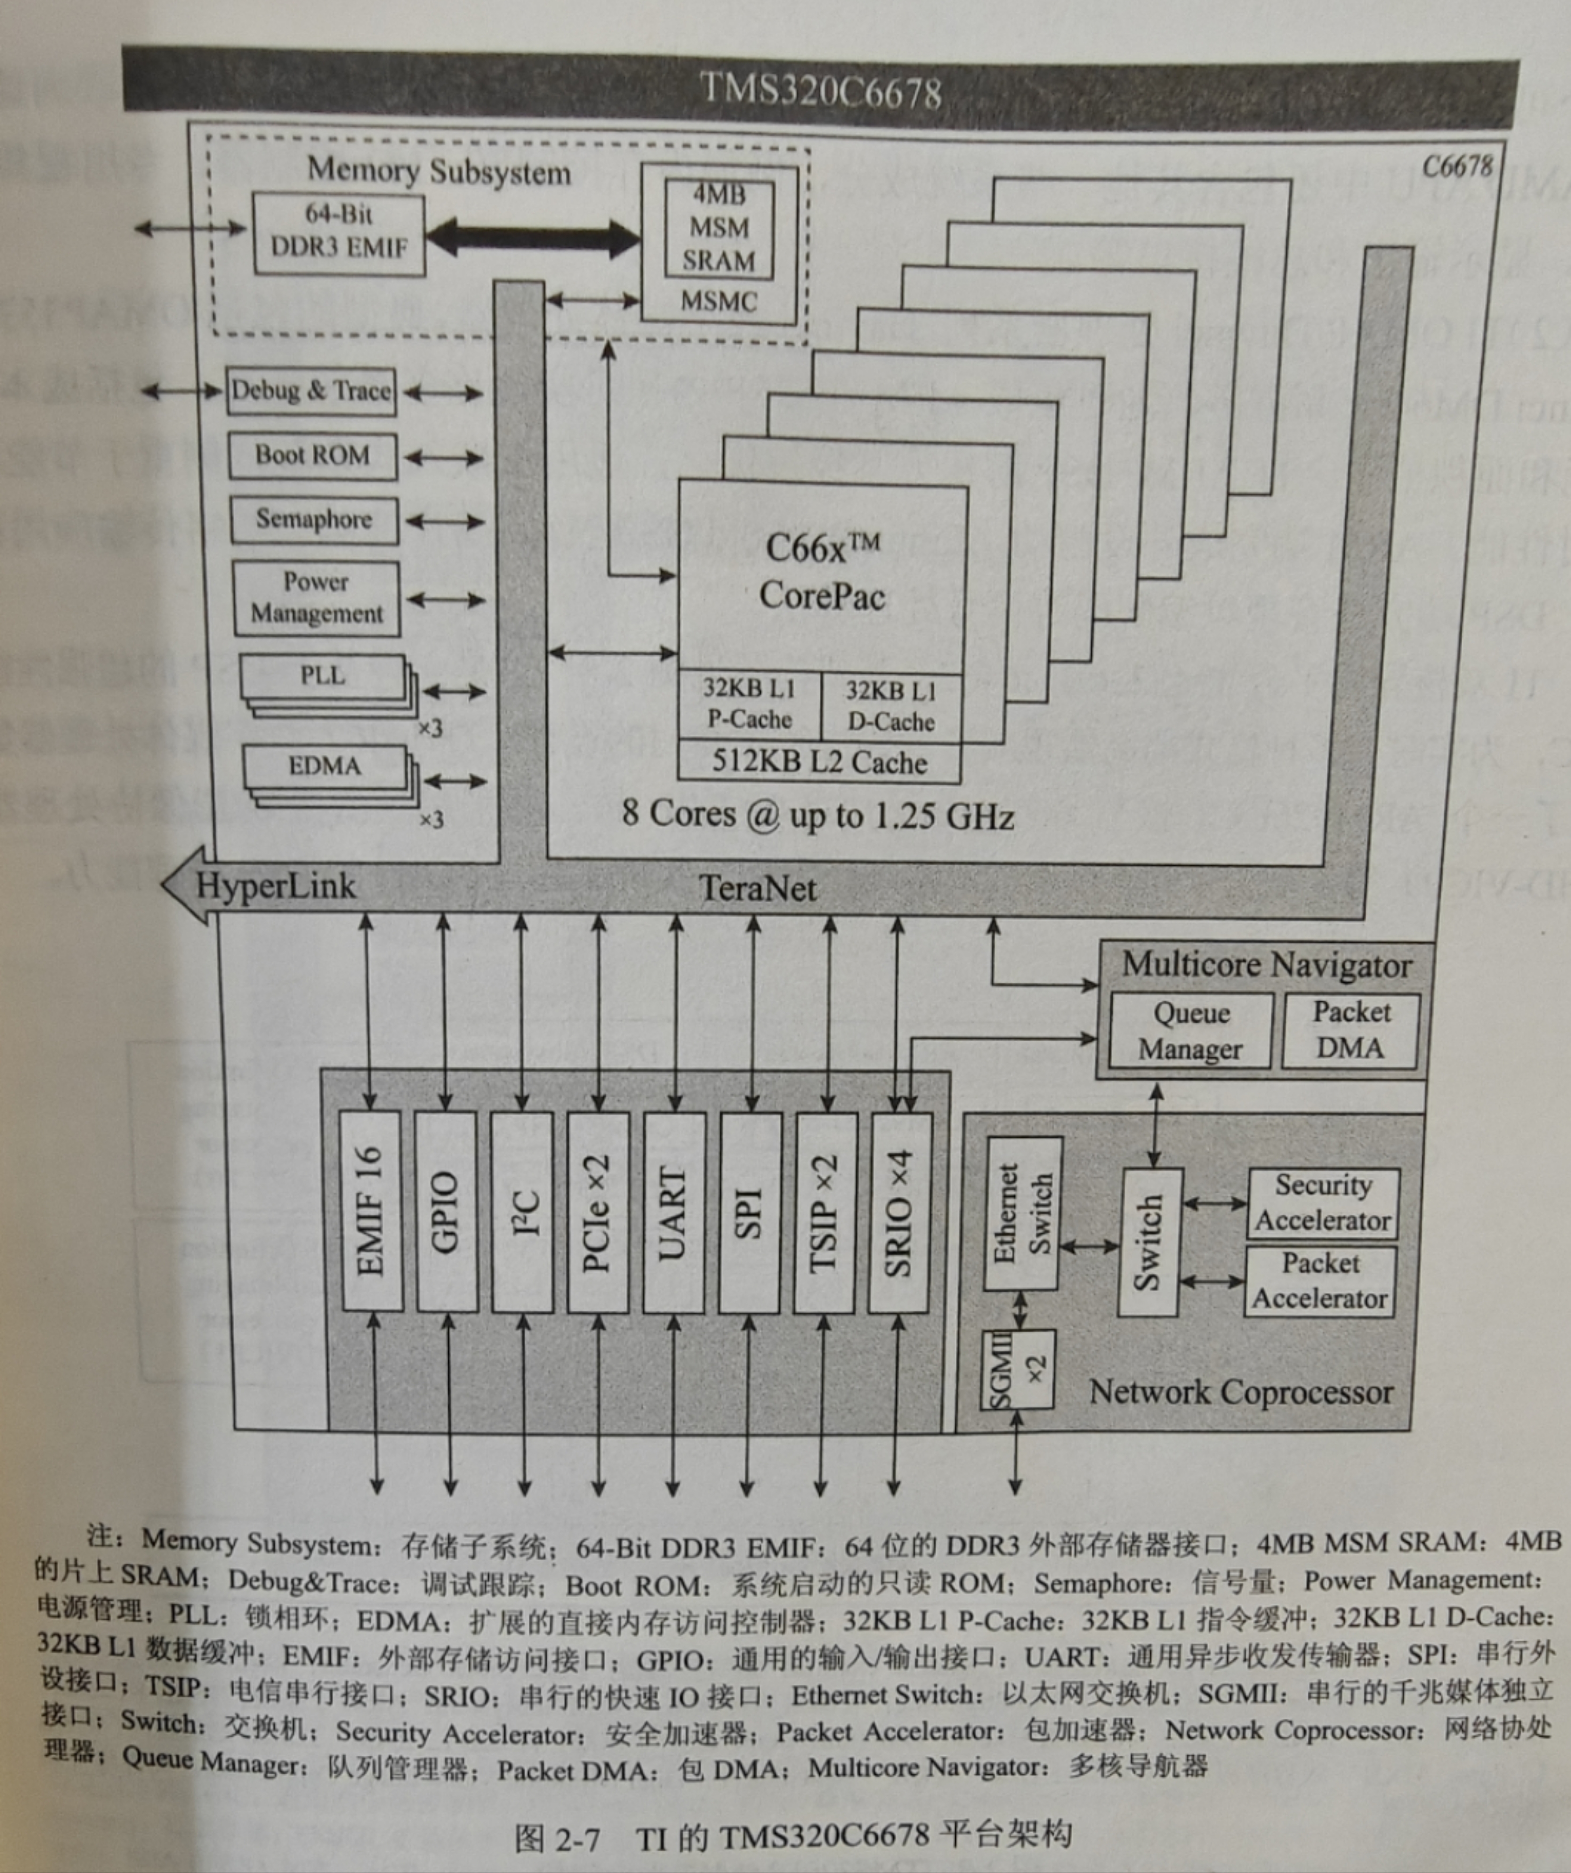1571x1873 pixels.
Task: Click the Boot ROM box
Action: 312,456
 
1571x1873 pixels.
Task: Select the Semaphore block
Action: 314,519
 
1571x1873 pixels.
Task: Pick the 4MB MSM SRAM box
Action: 719,228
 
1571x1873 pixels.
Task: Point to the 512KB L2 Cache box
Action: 818,762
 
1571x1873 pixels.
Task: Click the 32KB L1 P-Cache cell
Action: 749,705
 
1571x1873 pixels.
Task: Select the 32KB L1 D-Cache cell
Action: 891,706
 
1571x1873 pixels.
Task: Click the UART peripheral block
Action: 673,1212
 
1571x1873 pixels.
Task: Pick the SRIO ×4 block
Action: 899,1212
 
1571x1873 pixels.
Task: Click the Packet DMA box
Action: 1350,1030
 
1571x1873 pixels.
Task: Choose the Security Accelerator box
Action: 1322,1203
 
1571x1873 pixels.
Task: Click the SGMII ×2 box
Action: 1017,1369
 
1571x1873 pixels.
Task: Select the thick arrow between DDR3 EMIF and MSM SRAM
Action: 533,238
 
